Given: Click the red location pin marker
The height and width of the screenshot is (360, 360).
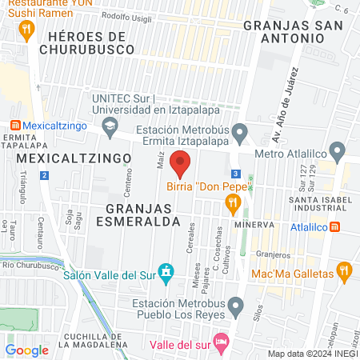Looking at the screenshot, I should click(x=181, y=163).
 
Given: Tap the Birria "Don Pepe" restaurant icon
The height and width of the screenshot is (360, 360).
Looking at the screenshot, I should click(x=234, y=206).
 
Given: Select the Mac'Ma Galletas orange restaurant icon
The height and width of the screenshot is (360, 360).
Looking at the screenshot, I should click(x=345, y=272).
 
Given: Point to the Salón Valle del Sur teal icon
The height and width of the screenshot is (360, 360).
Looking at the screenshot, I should click(x=166, y=273).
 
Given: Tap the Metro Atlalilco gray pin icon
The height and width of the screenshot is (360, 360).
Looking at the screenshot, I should click(x=338, y=150).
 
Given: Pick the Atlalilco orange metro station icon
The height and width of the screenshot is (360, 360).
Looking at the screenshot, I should click(x=334, y=226).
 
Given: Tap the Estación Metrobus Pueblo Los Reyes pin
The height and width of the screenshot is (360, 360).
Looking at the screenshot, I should click(x=235, y=306).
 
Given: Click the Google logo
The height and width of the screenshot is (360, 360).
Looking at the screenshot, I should click(x=27, y=350).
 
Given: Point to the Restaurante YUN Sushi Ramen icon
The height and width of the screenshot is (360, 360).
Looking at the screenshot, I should click(x=27, y=30).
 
